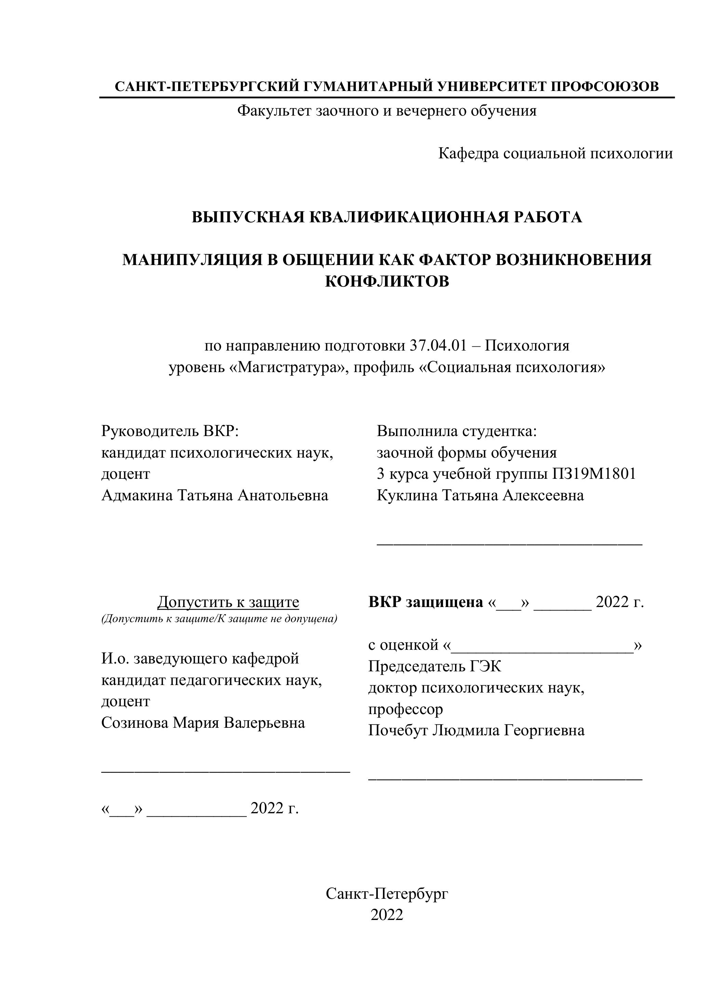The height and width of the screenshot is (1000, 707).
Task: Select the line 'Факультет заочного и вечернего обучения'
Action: coord(387,111)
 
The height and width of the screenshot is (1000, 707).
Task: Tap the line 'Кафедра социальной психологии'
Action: coord(555,153)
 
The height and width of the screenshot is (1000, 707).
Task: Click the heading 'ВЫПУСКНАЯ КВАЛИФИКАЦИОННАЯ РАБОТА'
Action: coord(387,217)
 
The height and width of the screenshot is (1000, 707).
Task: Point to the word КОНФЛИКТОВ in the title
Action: coord(387,281)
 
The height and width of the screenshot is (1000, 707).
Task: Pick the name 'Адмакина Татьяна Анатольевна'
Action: coord(215,495)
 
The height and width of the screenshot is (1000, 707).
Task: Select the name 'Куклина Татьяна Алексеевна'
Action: coord(480,495)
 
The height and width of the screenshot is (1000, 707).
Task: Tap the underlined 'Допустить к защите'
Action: coord(228,602)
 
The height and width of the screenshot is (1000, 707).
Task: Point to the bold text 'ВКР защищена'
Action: coord(425,602)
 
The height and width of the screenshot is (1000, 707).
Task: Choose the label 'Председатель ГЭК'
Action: coord(435,666)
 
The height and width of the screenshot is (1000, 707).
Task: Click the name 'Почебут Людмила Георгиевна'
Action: coord(476,731)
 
